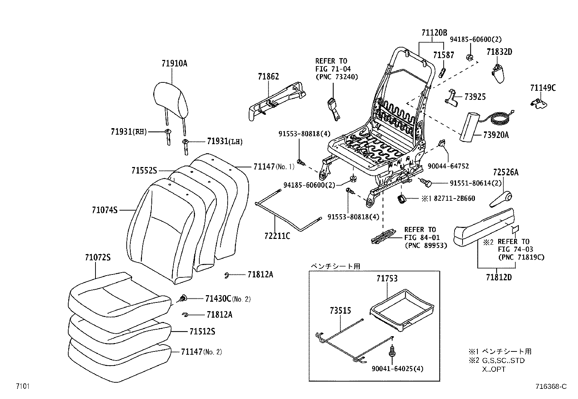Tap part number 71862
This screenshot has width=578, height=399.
[268, 76]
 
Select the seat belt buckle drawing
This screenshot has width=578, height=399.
[333, 108]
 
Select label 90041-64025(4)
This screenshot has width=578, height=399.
[398, 369]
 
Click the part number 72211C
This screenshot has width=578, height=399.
[277, 236]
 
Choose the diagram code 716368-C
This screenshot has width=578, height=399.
[550, 387]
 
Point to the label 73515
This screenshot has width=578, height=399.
[340, 311]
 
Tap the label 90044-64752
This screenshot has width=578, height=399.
[448, 166]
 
